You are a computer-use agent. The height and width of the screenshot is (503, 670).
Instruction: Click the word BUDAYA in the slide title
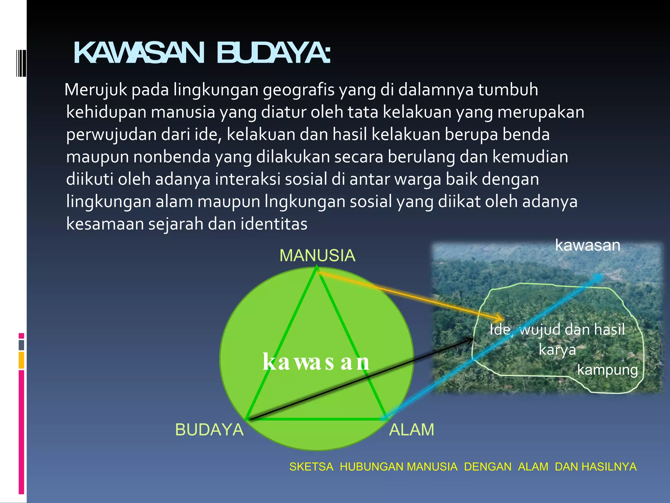click(273, 53)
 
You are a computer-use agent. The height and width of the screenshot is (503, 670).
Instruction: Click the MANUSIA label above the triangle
click(317, 255)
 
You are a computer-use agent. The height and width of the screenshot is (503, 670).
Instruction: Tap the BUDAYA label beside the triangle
click(209, 430)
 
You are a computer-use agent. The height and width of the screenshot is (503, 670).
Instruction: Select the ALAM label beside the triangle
click(411, 430)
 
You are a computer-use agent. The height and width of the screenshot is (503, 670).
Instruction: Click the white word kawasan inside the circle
click(316, 362)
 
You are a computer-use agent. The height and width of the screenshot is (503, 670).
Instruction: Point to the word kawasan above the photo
click(588, 245)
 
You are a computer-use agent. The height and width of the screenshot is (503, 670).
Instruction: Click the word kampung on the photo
click(607, 370)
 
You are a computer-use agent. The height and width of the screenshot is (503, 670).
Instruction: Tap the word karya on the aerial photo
click(557, 349)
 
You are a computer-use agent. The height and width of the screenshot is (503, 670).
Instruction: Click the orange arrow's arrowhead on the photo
click(500, 318)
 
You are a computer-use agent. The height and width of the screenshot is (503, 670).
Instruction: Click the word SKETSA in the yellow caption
click(311, 467)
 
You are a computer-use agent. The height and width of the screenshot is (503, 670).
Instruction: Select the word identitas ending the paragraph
click(274, 224)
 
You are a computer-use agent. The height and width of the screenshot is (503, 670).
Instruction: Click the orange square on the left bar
click(21, 360)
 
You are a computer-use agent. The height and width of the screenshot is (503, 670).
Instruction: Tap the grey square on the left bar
click(21, 345)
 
